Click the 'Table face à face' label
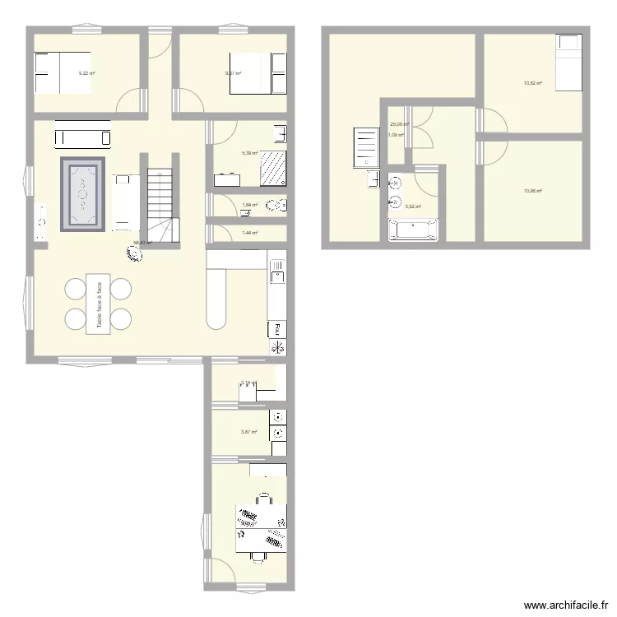click(x=98, y=304)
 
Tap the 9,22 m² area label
click(x=86, y=73)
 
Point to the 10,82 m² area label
click(x=533, y=83)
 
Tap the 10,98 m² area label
click(x=533, y=191)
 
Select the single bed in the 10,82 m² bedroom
click(x=568, y=63)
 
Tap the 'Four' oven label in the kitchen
click(x=278, y=329)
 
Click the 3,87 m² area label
click(x=249, y=433)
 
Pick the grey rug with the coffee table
click(x=83, y=195)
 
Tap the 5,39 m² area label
click(x=249, y=153)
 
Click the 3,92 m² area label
click(x=413, y=206)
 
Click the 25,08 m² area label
click(x=399, y=125)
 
